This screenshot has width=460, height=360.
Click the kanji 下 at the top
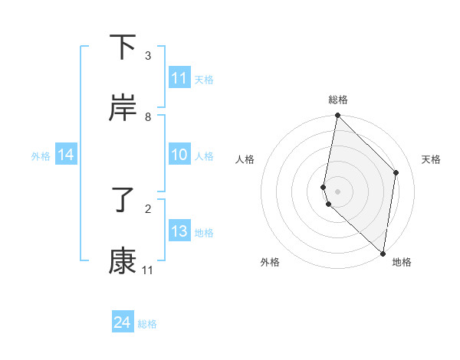point(123,47)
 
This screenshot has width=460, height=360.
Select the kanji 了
point(123,201)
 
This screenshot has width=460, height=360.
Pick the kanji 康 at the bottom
point(123,262)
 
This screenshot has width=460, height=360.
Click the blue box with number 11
point(179,78)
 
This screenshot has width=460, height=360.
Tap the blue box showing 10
point(179,155)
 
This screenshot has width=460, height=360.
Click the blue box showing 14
point(66,155)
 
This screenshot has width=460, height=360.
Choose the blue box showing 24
point(122,323)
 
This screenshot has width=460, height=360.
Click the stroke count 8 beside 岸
point(147,116)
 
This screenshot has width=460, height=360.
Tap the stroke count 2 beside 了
point(147,208)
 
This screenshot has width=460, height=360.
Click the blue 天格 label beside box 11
point(204,79)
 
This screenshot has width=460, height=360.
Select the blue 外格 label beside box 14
point(41,156)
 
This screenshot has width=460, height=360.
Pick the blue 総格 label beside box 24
point(147,324)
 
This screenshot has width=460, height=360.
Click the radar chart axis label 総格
point(337,100)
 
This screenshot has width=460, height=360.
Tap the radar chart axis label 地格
point(402,262)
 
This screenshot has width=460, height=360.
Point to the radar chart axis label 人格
point(245,159)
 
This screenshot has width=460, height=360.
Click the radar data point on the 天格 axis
point(396,172)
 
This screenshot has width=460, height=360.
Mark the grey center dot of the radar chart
point(337,191)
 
